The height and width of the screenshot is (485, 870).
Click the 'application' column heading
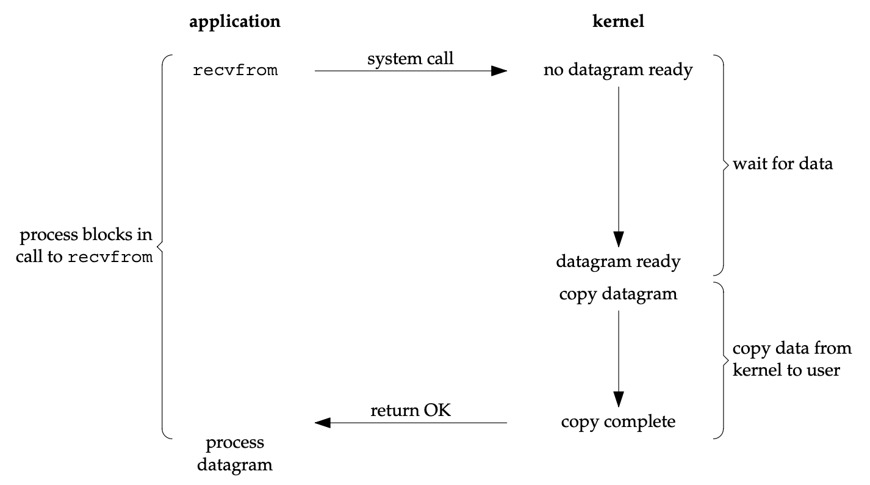click(x=235, y=22)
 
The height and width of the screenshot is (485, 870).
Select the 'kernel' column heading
click(x=618, y=21)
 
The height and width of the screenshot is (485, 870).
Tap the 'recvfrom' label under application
click(x=235, y=70)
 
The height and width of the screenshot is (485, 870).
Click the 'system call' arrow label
click(x=410, y=59)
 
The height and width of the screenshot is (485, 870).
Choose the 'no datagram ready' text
click(x=618, y=70)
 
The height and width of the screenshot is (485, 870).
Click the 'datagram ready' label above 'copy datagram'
click(x=618, y=262)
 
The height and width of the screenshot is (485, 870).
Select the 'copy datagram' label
click(x=618, y=294)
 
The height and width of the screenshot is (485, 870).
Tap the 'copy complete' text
click(x=618, y=422)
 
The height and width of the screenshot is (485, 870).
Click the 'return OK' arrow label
click(x=411, y=410)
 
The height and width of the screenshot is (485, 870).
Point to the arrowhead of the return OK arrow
click(x=322, y=423)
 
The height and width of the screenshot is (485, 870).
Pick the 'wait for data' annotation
click(x=783, y=164)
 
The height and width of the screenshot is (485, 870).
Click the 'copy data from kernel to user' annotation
click(x=791, y=359)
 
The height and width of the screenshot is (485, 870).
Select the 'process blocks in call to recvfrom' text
click(x=84, y=246)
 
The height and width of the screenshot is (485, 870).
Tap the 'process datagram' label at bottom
click(x=235, y=454)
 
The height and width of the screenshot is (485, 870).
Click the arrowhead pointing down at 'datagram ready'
click(x=618, y=239)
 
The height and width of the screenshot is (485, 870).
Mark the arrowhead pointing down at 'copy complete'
click(x=618, y=399)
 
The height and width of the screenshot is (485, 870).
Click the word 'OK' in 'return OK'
click(x=437, y=410)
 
